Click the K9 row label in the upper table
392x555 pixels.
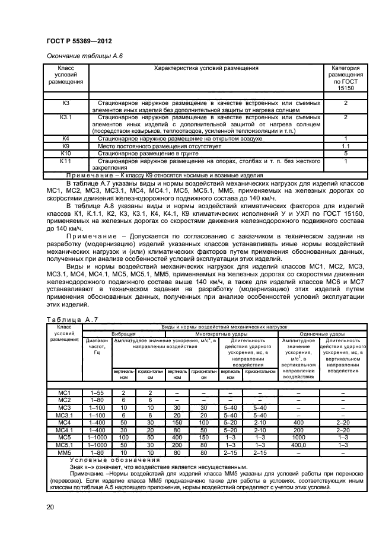tap(66, 145)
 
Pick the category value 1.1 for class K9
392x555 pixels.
tap(346, 145)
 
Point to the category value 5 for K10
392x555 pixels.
tap(346, 152)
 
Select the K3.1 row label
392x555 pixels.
tap(66, 117)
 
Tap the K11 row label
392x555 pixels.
tap(66, 160)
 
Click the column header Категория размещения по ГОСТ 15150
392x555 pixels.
tap(346, 78)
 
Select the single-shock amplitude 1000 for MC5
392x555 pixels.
tap(298, 437)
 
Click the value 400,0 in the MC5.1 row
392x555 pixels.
tap(298, 444)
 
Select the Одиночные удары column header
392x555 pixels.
tap(320, 334)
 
